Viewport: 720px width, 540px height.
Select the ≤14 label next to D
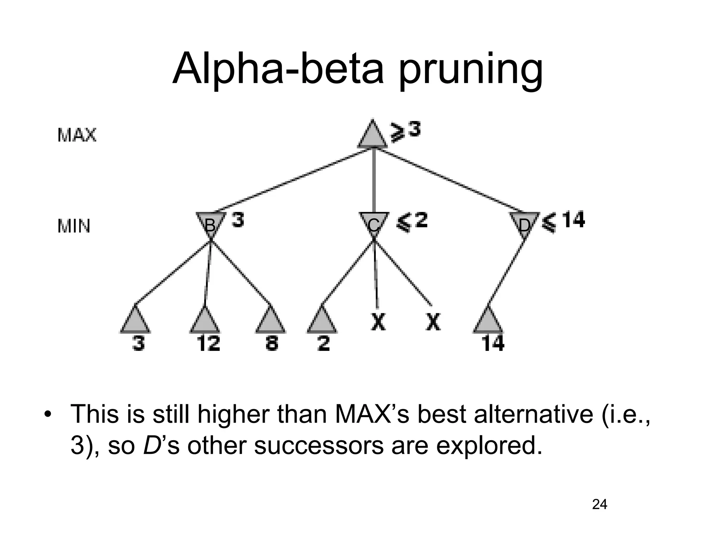pos(562,221)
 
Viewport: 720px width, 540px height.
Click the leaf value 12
pos(208,343)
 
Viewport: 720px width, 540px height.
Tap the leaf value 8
pos(271,343)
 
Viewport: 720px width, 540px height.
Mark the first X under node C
pos(378,321)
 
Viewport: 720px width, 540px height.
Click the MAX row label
pos(77,135)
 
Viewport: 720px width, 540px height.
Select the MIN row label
pos(74,226)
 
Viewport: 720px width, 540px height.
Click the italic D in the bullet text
pos(150,445)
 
